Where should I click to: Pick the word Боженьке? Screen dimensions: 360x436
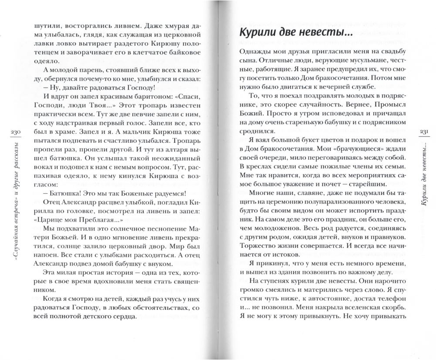coord(127,190)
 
